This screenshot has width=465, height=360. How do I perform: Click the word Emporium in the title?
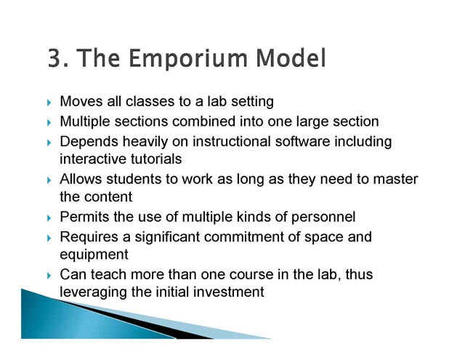pyautogui.click(x=188, y=59)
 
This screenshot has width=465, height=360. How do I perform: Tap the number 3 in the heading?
pyautogui.click(x=54, y=58)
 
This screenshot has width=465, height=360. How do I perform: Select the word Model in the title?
pyautogui.click(x=291, y=57)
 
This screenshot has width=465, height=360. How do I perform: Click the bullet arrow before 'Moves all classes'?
pyautogui.click(x=49, y=103)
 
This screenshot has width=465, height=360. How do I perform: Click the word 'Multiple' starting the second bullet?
pyautogui.click(x=85, y=122)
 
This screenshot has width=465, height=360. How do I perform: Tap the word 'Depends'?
pyautogui.click(x=89, y=142)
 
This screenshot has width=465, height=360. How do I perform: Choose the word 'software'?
pyautogui.click(x=302, y=141)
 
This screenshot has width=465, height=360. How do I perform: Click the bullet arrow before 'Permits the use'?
pyautogui.click(x=49, y=218)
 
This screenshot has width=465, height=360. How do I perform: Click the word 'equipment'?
pyautogui.click(x=94, y=255)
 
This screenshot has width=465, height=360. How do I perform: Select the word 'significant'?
pyautogui.click(x=167, y=237)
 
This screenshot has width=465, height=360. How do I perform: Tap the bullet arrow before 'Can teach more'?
pyautogui.click(x=49, y=276)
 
